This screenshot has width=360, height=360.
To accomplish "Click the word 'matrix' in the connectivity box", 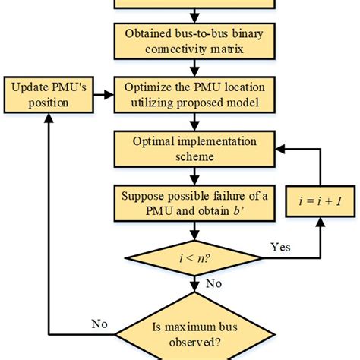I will point(236,49).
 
